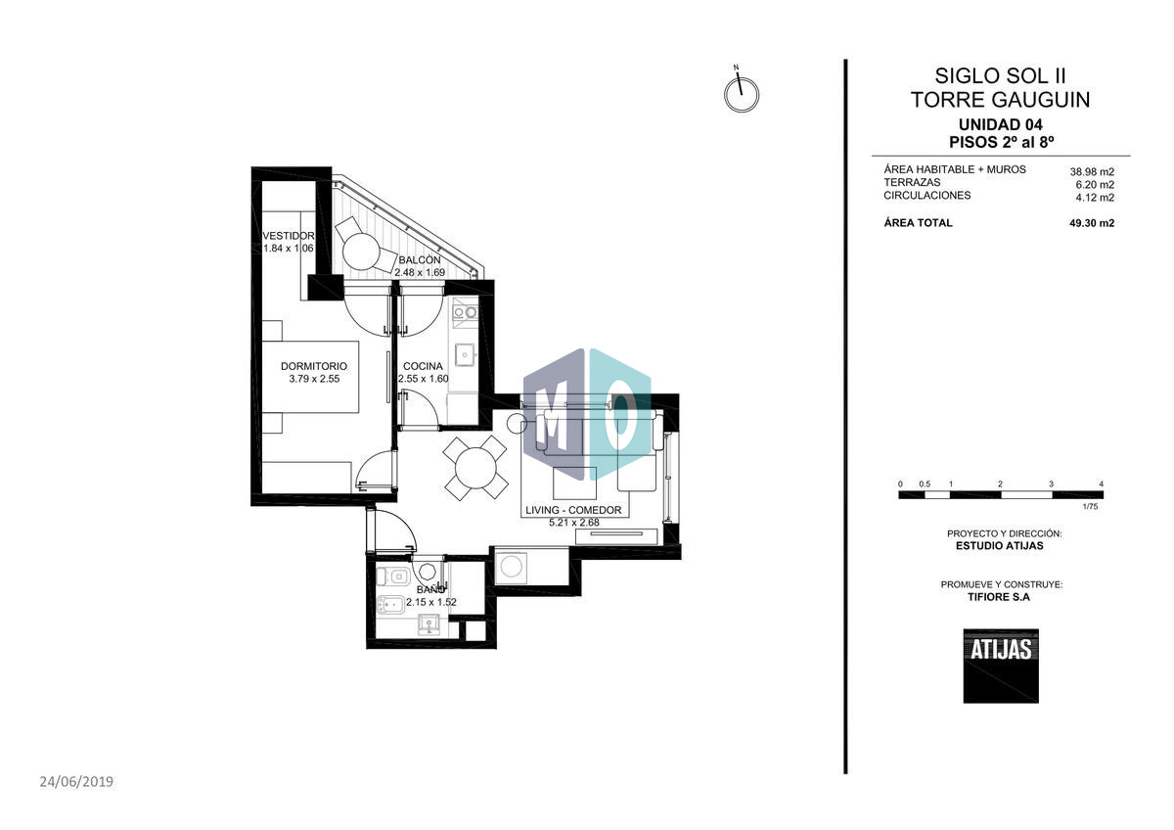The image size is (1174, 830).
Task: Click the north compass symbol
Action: click(x=742, y=95)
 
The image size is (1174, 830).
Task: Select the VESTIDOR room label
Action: click(x=289, y=236)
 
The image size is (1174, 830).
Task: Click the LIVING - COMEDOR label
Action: click(x=574, y=510)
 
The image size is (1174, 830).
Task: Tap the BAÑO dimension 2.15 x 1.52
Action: click(x=431, y=603)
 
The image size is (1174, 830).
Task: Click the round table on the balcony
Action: click(x=360, y=252)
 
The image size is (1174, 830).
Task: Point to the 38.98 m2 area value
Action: click(x=1092, y=171)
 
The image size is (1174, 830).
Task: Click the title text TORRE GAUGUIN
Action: click(x=1000, y=100)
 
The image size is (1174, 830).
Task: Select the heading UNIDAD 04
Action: click(x=1000, y=124)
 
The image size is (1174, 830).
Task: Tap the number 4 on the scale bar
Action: click(x=1102, y=484)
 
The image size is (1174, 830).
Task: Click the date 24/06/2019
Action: click(x=77, y=781)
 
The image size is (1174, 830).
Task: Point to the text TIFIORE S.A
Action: click(x=1000, y=596)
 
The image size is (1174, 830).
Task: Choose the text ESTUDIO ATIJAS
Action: click(x=999, y=546)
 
